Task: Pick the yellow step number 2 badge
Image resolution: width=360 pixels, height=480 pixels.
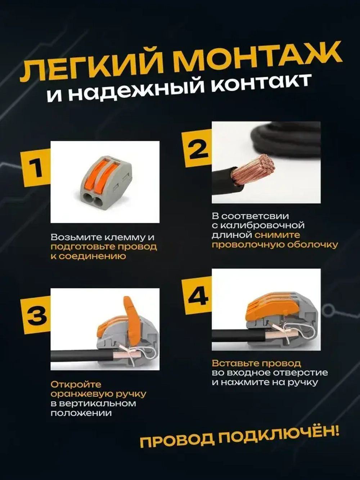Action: [197, 149]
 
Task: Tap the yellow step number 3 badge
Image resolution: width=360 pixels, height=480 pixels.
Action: [36, 315]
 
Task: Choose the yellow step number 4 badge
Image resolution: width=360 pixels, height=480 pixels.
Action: [198, 296]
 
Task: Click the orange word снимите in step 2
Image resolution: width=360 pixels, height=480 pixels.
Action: [277, 235]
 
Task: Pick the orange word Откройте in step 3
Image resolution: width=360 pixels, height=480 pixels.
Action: [76, 385]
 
